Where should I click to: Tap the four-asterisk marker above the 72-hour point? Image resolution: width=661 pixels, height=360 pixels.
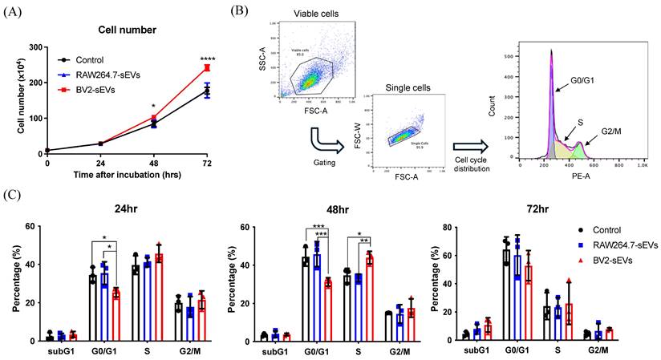[207, 57]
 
